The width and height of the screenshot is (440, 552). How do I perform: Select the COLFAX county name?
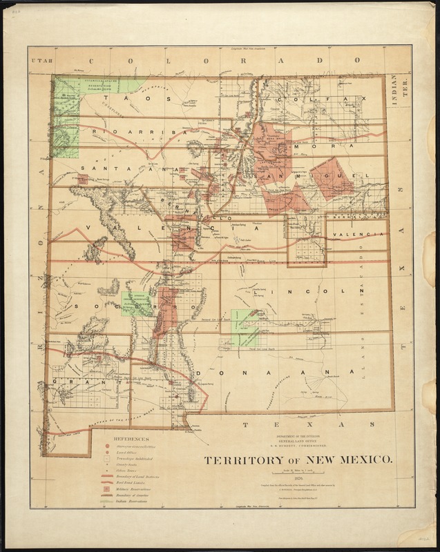coord(318,101)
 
